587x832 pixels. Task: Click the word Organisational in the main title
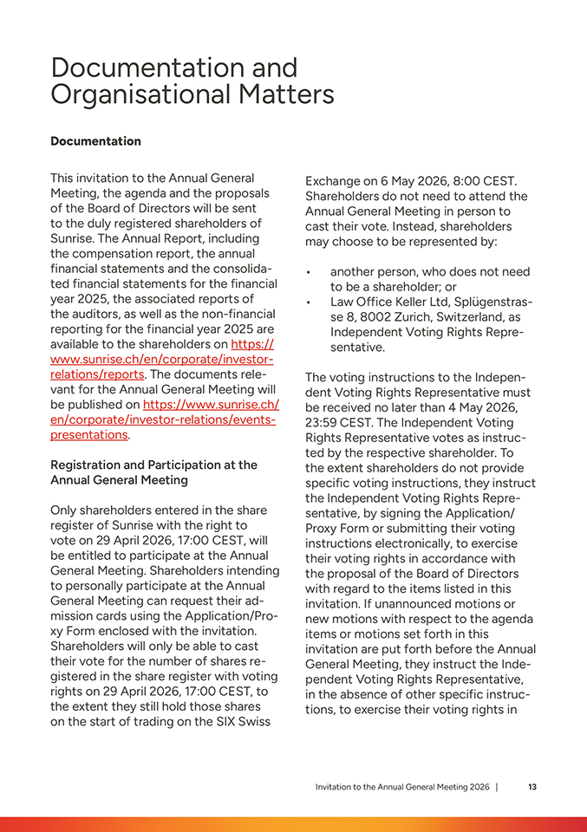click(133, 94)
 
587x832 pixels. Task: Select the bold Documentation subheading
click(95, 141)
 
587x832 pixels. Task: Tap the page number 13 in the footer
click(532, 787)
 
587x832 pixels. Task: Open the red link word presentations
click(89, 435)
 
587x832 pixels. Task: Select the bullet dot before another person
click(309, 272)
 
